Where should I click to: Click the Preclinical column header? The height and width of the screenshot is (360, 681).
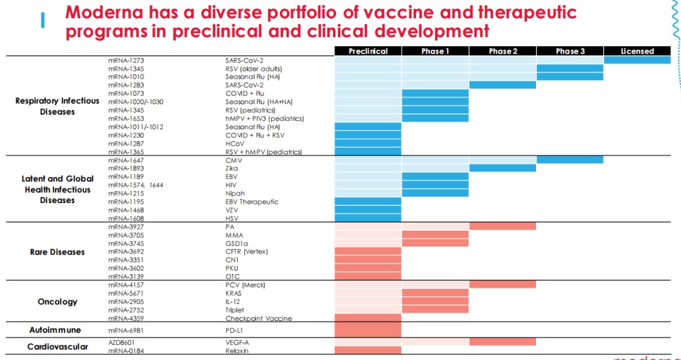point(368,51)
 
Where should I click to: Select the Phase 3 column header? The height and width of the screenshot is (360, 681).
point(570,51)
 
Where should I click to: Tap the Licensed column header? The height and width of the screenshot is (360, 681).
point(637,51)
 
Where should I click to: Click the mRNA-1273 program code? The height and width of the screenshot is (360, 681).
point(126,61)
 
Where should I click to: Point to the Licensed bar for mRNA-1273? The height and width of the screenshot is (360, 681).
point(637,60)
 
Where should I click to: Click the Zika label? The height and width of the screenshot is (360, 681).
point(232,168)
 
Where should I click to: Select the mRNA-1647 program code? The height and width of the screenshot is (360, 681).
point(126,160)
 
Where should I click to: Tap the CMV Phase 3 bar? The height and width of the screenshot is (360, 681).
point(570,160)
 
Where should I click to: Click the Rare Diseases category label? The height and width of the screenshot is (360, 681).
point(57,252)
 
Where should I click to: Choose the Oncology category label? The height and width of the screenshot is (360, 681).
point(57,302)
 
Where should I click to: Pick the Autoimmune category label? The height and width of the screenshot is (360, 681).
point(55,330)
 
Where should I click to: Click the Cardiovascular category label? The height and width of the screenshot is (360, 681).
point(57,347)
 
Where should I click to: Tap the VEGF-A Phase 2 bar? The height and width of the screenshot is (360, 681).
point(503,342)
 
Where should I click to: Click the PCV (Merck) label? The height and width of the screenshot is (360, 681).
point(245,285)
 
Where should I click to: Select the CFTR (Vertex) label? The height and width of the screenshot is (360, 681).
point(247,252)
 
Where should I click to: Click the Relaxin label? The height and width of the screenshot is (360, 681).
point(236,351)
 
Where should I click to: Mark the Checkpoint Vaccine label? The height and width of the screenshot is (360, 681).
point(259,318)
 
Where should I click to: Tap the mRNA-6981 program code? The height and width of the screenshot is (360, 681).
point(126,330)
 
